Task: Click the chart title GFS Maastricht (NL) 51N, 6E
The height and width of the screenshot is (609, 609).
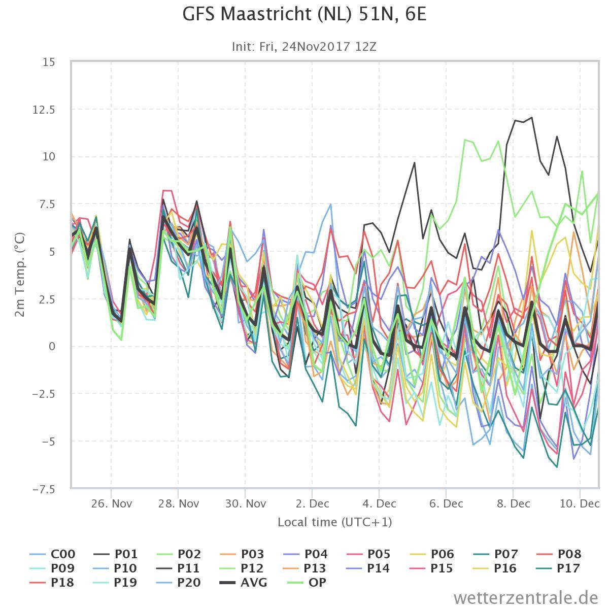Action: pyautogui.click(x=304, y=14)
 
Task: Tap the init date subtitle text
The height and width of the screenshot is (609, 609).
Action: pyautogui.click(x=304, y=47)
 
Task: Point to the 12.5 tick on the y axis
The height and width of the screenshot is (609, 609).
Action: pyautogui.click(x=44, y=110)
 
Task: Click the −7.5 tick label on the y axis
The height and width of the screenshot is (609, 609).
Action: pyautogui.click(x=44, y=490)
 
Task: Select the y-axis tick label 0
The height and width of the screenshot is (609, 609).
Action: pyautogui.click(x=52, y=347)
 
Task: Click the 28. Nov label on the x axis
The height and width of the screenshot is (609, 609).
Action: pyautogui.click(x=179, y=503)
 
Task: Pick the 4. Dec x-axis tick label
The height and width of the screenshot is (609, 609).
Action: pyautogui.click(x=379, y=503)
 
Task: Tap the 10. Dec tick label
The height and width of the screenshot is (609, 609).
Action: pyautogui.click(x=580, y=503)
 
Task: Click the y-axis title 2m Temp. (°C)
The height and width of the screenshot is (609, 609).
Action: pyautogui.click(x=20, y=275)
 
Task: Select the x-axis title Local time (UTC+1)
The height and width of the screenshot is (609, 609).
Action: pyautogui.click(x=334, y=522)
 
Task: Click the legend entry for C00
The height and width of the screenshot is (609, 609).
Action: pyautogui.click(x=52, y=554)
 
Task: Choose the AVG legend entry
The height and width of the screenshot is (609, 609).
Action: pyautogui.click(x=244, y=582)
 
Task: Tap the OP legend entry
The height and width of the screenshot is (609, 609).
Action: pyautogui.click(x=307, y=582)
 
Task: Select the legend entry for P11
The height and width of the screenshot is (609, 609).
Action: pyautogui.click(x=178, y=568)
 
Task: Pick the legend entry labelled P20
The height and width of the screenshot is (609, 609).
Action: pyautogui.click(x=179, y=582)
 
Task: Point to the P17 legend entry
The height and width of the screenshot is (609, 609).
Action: pyautogui.click(x=558, y=568)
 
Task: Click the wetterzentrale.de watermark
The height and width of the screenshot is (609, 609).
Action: pyautogui.click(x=526, y=598)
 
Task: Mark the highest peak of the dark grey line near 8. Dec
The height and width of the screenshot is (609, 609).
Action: pyautogui.click(x=532, y=118)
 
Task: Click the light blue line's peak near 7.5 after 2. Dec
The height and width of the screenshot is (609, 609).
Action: pyautogui.click(x=330, y=204)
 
